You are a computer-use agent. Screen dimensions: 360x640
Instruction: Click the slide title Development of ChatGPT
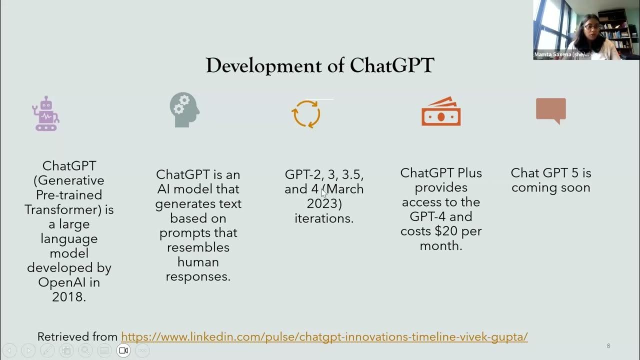click(x=320, y=65)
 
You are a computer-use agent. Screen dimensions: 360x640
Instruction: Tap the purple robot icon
click(x=45, y=113)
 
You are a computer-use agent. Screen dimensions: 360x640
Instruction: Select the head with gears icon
click(x=184, y=110)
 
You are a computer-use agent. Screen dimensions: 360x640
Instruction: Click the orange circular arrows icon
click(x=306, y=114)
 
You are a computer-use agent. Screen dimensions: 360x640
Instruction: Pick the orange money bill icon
click(x=440, y=111)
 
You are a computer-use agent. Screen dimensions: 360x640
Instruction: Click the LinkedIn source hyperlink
click(x=324, y=336)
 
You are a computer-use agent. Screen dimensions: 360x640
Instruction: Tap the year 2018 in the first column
click(x=69, y=296)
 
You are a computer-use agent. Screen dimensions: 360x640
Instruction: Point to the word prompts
click(x=198, y=233)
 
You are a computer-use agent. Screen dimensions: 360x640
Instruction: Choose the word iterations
click(x=324, y=218)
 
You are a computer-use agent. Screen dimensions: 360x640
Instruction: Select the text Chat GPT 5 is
click(x=550, y=173)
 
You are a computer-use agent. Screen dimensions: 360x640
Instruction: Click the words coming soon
click(x=550, y=187)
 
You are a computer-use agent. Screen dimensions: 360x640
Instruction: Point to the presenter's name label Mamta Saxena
click(x=561, y=54)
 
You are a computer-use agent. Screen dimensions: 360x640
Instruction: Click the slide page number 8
click(x=608, y=346)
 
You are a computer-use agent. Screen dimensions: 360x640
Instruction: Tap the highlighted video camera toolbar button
click(x=123, y=350)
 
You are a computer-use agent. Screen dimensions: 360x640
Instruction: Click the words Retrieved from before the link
click(x=77, y=336)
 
